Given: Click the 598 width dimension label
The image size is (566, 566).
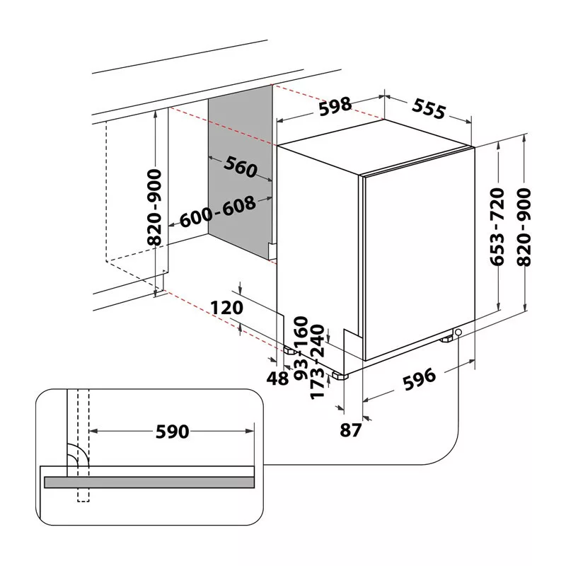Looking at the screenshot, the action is click(x=335, y=107).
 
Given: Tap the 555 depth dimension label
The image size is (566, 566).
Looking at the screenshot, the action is click(x=429, y=108).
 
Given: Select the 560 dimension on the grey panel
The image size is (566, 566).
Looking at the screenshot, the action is click(x=241, y=167).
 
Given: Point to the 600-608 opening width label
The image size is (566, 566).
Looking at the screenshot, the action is click(x=218, y=212).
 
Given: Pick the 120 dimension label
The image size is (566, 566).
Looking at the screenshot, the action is click(x=226, y=308).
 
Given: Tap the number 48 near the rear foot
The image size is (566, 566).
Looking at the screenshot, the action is click(x=277, y=379).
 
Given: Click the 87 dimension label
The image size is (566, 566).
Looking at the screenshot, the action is click(x=350, y=430).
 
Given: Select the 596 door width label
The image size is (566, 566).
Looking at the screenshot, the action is click(x=419, y=379).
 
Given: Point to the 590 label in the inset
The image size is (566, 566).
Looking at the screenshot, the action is click(x=172, y=432).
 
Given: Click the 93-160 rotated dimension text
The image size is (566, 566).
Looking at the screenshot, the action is click(x=301, y=348).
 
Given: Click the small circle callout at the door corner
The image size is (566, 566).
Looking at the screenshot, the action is click(x=458, y=332).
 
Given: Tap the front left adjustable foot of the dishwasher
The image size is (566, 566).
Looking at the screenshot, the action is click(x=340, y=376).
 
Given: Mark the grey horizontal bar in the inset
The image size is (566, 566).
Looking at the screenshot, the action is click(x=149, y=483).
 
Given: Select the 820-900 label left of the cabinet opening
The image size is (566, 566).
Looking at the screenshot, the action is click(x=155, y=207).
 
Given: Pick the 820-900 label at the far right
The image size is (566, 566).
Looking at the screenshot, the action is click(x=524, y=227).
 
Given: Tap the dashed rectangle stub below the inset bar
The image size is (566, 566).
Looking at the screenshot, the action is click(x=83, y=495).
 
